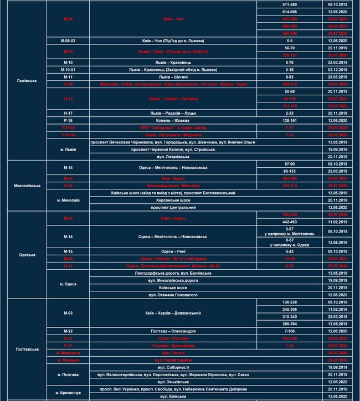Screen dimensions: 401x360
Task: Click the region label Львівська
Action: click(26, 80)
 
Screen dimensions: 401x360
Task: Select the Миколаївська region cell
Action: click(26, 186)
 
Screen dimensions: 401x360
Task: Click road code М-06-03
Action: click(68, 41)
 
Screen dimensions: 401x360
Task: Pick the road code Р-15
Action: click(68, 120)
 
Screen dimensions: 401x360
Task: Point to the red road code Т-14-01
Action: click(68, 127)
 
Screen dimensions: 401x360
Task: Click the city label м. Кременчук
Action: click(68, 393)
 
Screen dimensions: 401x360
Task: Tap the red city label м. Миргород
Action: click(68, 352)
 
